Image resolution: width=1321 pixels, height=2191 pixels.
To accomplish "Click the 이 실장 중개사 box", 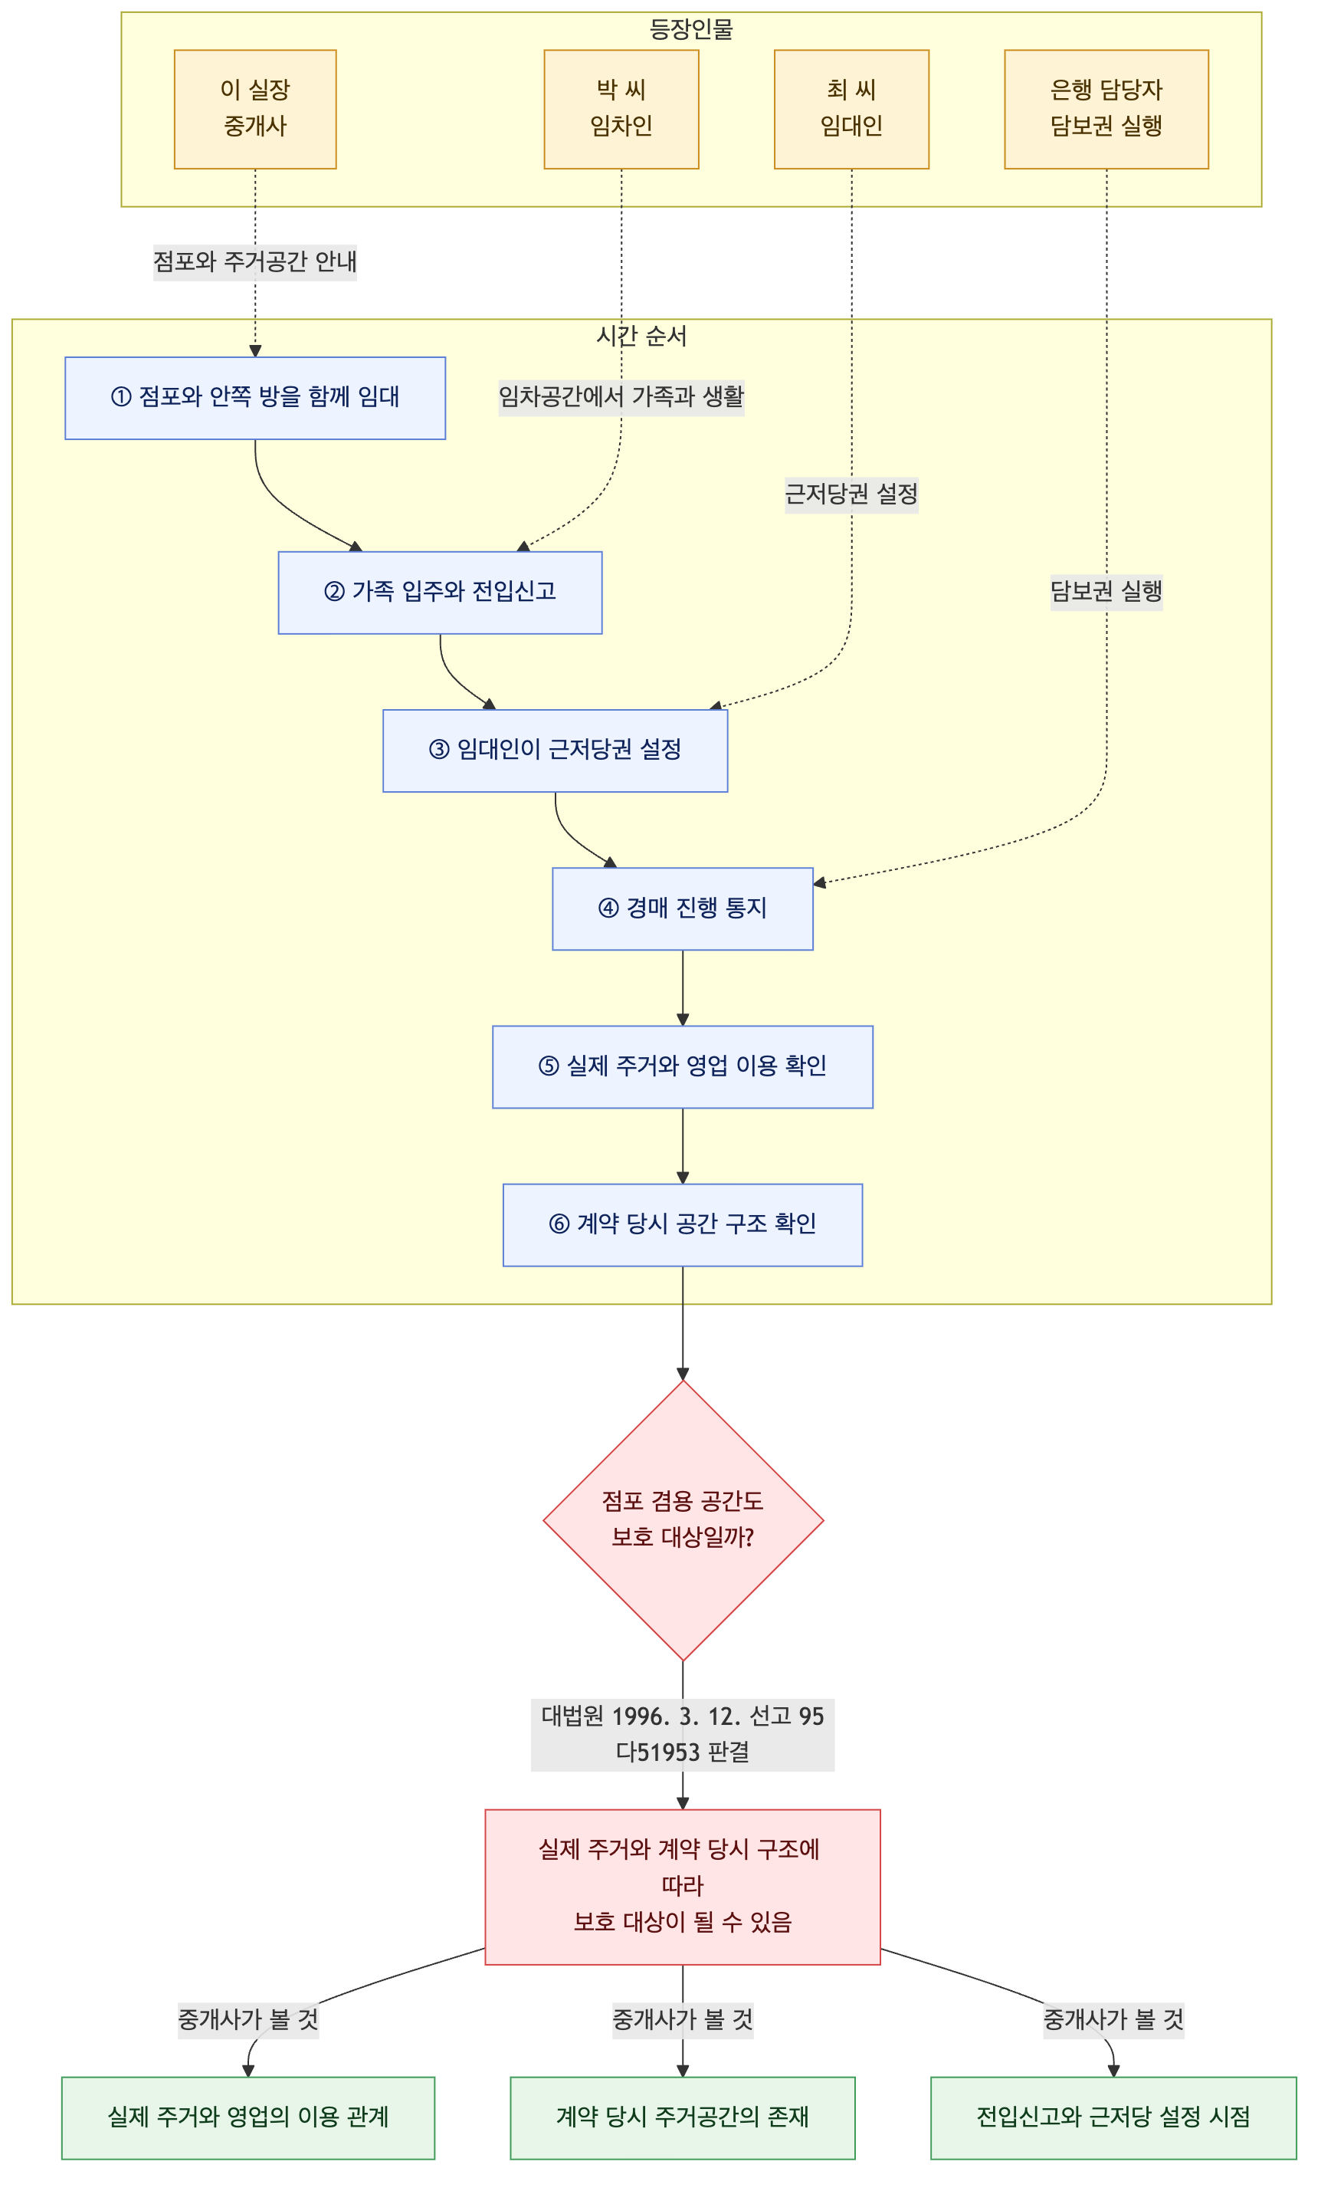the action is point(255,110).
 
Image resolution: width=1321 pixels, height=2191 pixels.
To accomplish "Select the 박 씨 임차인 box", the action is point(621,110).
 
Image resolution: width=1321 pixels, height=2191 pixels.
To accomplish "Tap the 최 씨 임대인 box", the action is point(851,110).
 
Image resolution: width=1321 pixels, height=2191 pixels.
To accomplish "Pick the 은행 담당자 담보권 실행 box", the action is point(1106,110).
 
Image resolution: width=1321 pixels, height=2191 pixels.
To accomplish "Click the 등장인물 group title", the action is point(690,29).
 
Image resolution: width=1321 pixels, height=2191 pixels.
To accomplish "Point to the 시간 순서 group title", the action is point(641,336).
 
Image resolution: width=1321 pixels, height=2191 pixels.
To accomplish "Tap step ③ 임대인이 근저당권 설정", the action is point(555,751).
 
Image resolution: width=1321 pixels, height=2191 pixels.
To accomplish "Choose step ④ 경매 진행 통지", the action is point(683,908).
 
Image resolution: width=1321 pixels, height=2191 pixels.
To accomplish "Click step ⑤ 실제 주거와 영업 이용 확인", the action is point(683,1067).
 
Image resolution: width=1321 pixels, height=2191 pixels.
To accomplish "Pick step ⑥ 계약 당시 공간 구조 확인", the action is point(683,1224).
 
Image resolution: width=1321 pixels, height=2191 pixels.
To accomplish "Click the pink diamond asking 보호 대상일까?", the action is point(683,1519).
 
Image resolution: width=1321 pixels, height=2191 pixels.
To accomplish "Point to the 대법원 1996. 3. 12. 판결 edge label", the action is point(683,1734).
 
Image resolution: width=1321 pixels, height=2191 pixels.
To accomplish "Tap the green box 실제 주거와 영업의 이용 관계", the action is point(248,2118).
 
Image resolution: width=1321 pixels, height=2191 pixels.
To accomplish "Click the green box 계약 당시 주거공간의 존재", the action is point(683,2118).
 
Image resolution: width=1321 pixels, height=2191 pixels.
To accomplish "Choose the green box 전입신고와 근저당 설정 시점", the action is point(1113,2118).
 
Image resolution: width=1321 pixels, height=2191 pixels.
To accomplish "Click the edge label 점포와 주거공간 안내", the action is point(255,262).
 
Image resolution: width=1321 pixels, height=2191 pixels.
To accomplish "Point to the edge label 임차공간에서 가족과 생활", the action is point(621,396).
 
